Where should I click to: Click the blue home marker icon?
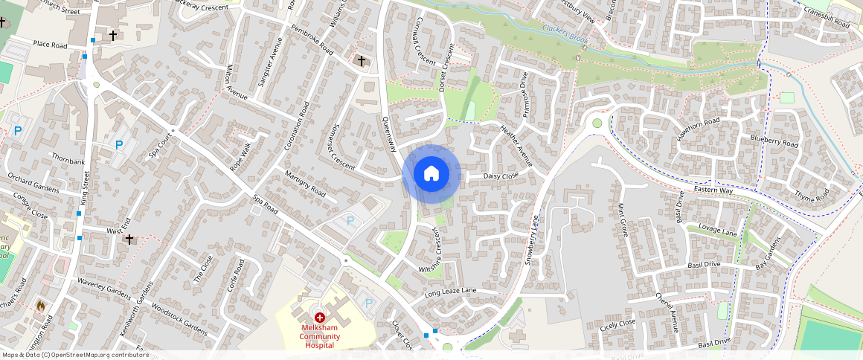(431, 174)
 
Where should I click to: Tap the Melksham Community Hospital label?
(320, 336)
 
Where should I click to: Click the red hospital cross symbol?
(320, 318)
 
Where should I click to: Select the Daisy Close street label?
(501, 176)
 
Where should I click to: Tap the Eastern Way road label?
(734, 191)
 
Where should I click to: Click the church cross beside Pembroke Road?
(362, 60)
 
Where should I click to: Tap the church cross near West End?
(129, 239)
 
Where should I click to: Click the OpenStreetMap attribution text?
(74, 355)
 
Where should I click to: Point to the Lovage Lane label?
(717, 231)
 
